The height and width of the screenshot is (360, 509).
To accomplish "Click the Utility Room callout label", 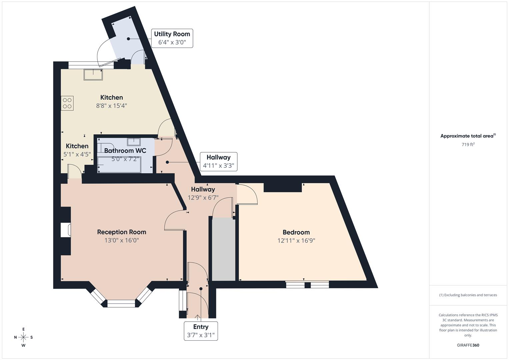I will tap(172, 38).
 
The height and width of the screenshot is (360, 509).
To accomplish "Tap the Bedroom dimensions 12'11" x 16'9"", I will tap(296, 241).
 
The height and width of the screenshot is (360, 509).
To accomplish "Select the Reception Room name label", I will tap(122, 232).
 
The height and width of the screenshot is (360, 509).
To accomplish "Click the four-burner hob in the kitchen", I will tap(67, 103).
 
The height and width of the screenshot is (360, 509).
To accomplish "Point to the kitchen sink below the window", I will tap(93, 75).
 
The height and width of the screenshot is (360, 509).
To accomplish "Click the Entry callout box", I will tap(201, 331).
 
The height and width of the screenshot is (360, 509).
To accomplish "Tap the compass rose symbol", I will tap(23, 337).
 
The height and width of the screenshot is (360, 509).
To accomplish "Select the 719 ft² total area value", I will tap(468, 144).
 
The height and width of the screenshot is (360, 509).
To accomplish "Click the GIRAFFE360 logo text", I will tap(468, 345).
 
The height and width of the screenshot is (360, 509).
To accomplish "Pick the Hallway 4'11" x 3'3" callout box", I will tap(218, 161).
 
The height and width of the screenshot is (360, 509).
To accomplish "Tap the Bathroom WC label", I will tap(125, 151).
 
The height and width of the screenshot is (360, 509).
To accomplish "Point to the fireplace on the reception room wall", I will tap(65, 230).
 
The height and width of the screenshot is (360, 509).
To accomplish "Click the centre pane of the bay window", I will tap(121, 303).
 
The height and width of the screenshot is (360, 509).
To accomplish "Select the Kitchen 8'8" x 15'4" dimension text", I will tap(112, 106).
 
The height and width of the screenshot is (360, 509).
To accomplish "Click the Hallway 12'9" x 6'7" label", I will tap(203, 193).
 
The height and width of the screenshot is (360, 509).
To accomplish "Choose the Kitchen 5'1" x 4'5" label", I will tap(77, 150).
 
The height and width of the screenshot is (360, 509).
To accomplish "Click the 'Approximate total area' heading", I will tap(468, 136).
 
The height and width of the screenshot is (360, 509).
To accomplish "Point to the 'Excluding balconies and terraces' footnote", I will tap(468, 295).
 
